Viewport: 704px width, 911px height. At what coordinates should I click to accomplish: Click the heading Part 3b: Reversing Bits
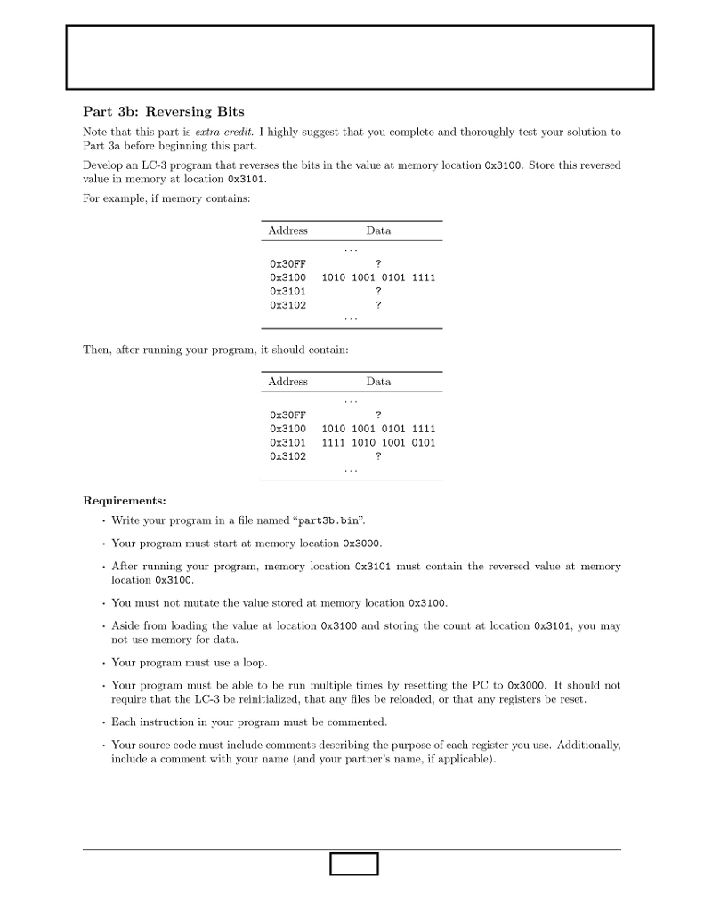pos(163,111)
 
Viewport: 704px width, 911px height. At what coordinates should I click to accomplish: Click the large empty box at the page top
pos(360,57)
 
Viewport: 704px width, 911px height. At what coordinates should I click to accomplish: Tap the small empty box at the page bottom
pos(353,864)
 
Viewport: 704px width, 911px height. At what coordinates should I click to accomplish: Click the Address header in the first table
pos(287,230)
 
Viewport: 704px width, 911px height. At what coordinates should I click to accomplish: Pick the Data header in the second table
pos(378,382)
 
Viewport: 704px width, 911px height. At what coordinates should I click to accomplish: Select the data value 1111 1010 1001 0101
pos(378,443)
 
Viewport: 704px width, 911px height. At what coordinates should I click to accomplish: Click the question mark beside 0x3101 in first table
pos(379,292)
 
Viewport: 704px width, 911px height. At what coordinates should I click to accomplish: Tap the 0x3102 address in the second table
pos(287,456)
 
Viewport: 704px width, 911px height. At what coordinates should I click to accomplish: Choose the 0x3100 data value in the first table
pos(378,278)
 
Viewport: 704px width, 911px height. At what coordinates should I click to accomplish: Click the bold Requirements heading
pos(124,500)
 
